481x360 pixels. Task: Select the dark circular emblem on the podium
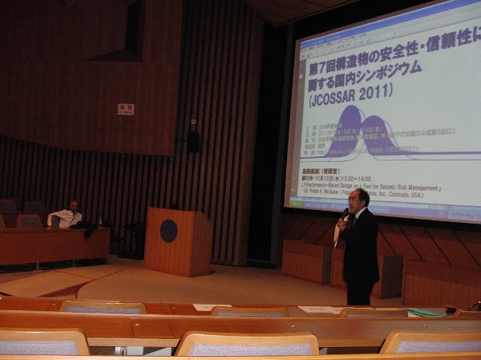(x=168, y=231)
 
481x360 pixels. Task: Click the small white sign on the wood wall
(x=125, y=109)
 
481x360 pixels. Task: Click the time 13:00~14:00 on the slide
(x=374, y=180)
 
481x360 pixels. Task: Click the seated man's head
(x=73, y=206)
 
